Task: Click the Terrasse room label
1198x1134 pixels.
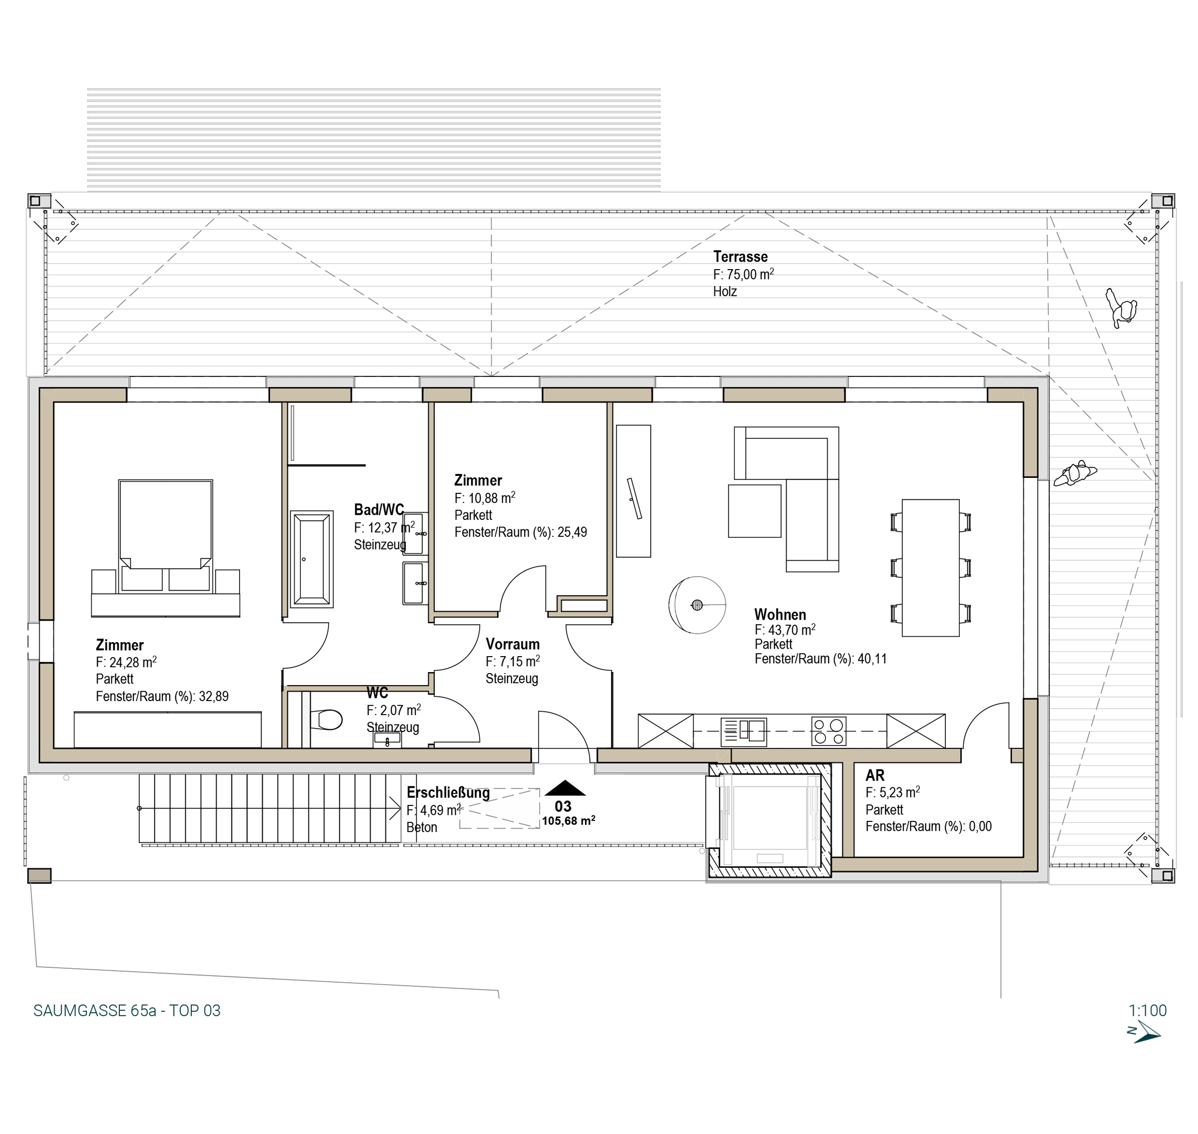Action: [x=740, y=257]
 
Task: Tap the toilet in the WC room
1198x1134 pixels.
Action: [x=326, y=720]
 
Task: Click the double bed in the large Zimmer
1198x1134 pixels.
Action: [x=166, y=535]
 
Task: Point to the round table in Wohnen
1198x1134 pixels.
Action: [x=697, y=605]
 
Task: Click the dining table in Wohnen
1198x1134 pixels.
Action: [x=930, y=568]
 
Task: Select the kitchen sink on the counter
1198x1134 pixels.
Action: [x=744, y=732]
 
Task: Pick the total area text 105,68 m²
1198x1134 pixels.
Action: [x=569, y=821]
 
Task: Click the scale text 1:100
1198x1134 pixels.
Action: [x=1147, y=1011]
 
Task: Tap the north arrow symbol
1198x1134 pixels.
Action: [x=1144, y=1034]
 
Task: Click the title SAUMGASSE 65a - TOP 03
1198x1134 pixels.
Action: [x=127, y=1011]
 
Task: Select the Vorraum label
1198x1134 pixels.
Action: [x=512, y=644]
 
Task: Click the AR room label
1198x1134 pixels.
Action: [x=875, y=775]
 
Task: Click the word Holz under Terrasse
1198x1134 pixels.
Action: [x=725, y=291]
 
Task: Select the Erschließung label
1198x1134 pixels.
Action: [x=448, y=792]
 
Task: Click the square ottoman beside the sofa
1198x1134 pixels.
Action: [x=755, y=511]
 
